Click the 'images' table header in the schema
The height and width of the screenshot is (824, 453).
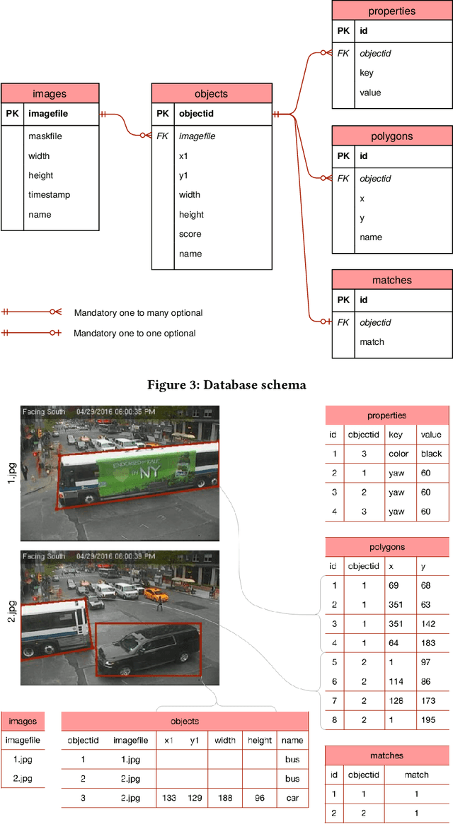(x=50, y=93)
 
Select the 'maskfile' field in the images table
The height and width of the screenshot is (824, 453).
(x=43, y=136)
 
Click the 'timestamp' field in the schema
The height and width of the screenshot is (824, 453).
(x=49, y=195)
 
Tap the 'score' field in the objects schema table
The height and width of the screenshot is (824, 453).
(x=190, y=234)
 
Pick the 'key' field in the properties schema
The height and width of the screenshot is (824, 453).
(x=367, y=73)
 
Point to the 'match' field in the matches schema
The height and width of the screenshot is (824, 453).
(x=372, y=342)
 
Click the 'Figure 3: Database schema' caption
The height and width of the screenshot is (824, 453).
(x=226, y=385)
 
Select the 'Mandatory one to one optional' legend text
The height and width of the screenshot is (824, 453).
(x=134, y=333)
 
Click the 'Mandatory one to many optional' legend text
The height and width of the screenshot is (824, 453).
(x=138, y=312)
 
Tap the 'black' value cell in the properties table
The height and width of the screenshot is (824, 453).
(x=431, y=454)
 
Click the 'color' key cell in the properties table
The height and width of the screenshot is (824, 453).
(x=398, y=454)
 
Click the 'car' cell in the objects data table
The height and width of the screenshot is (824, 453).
(x=292, y=799)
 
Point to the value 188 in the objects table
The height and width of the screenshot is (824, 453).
(x=225, y=799)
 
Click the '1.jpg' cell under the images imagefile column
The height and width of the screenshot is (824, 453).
(x=23, y=760)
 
